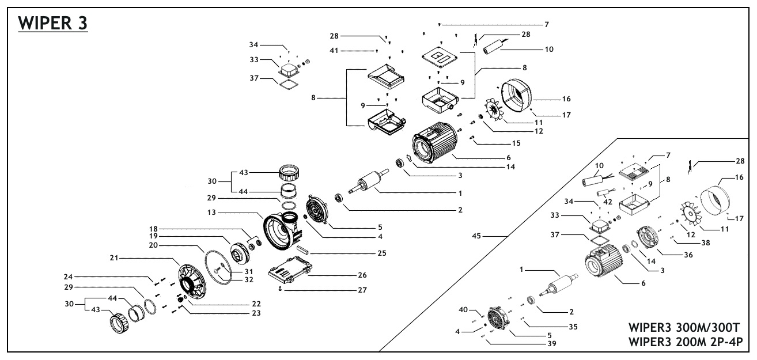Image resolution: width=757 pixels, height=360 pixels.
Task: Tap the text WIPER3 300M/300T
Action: (x=684, y=329)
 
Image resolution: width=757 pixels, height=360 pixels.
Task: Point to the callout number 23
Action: (x=252, y=313)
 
